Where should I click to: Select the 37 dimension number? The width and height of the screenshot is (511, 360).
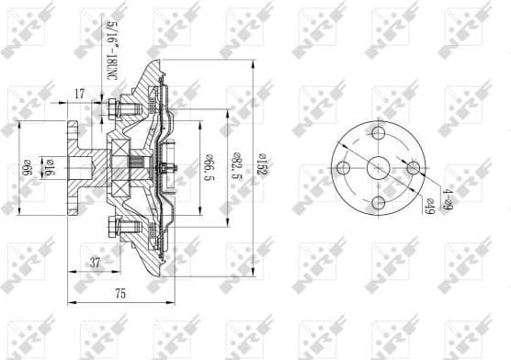[x=95, y=264]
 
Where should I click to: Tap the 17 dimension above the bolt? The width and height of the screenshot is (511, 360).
[x=80, y=93]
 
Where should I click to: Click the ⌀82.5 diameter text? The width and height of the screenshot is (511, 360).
[x=235, y=168]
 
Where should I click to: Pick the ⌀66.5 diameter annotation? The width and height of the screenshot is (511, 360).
[x=209, y=168]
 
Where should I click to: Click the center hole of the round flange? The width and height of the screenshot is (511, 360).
[x=378, y=168]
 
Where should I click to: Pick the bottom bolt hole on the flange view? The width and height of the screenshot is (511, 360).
[x=378, y=202]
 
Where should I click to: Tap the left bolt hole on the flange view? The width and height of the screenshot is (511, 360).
[x=344, y=168]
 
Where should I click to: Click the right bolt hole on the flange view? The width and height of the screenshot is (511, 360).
[x=412, y=168]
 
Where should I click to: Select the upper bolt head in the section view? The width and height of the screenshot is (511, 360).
[x=111, y=110]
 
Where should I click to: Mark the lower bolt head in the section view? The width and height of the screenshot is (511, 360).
[x=111, y=226]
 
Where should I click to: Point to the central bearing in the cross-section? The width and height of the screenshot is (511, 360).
[x=124, y=168]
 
